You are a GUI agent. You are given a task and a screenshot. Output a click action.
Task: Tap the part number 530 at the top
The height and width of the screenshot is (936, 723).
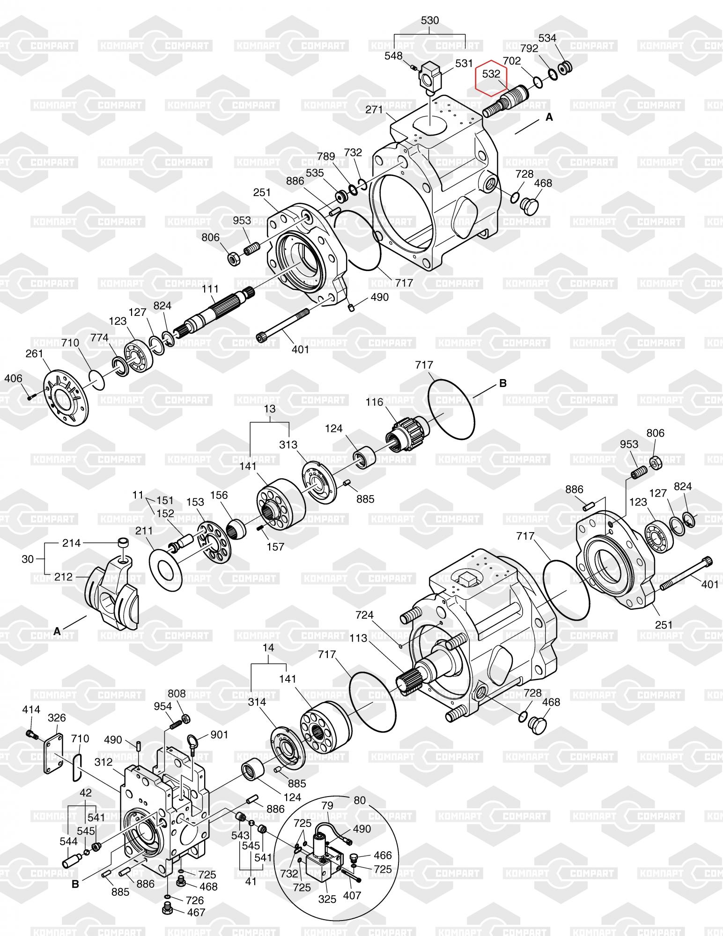[x=430, y=21]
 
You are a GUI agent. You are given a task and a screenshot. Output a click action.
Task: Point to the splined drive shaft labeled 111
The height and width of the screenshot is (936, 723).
[x=215, y=311]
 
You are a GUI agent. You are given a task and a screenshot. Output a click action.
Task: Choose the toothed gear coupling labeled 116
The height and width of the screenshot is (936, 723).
[x=405, y=432]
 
